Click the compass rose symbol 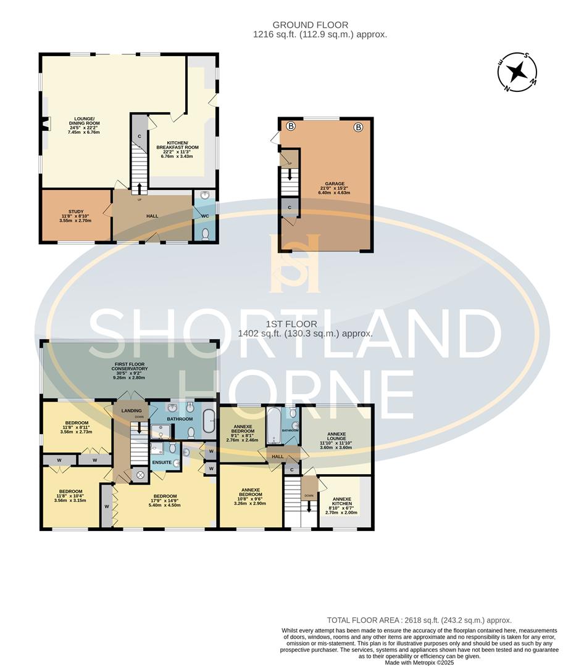[x=518, y=72]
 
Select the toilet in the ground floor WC [x=205, y=234]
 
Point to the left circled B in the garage [x=291, y=126]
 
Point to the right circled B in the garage [x=358, y=128]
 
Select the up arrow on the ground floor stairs [x=140, y=188]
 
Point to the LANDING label [x=131, y=411]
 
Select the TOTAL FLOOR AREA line [x=419, y=620]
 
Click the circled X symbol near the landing [x=140, y=475]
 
